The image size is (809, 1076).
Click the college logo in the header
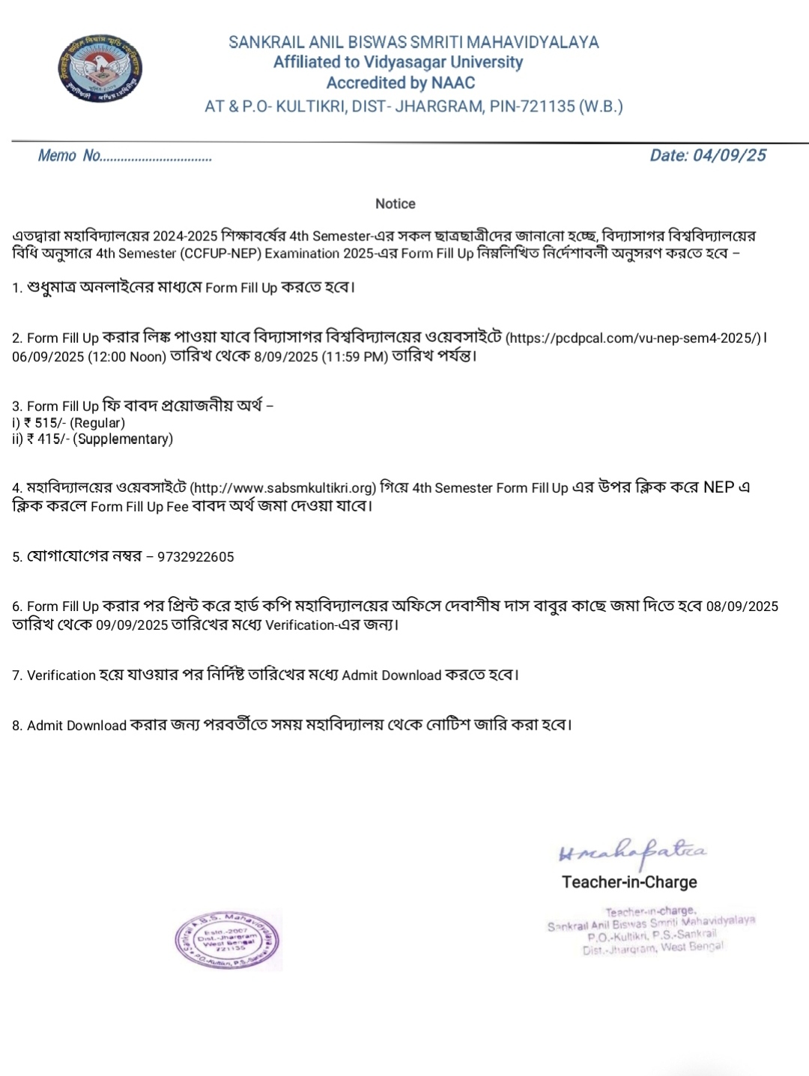[100, 69]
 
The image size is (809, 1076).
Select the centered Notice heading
[395, 204]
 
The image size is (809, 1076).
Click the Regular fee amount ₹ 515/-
[46, 423]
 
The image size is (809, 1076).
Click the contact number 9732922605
[196, 557]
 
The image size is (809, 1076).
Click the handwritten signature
[632, 851]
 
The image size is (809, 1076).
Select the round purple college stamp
[228, 940]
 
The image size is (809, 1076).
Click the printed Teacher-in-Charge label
[629, 882]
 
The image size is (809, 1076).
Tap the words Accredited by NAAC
[400, 83]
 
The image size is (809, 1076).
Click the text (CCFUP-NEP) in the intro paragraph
[220, 254]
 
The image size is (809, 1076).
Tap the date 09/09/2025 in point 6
[132, 625]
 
